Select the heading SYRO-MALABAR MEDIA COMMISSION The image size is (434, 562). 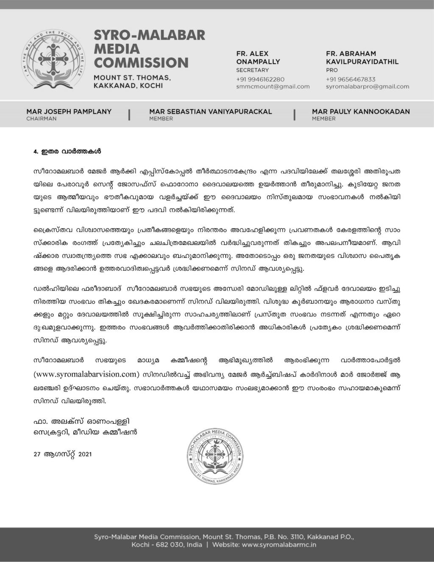pyautogui.click(x=149, y=49)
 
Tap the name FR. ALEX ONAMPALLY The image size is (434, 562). pyautogui.click(x=258, y=58)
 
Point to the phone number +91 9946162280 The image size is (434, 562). pyautogui.click(x=260, y=79)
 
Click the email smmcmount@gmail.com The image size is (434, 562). pyautogui.click(x=273, y=87)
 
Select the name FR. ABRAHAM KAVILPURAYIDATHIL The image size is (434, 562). pyautogui.click(x=362, y=58)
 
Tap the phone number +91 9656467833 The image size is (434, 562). pyautogui.click(x=351, y=79)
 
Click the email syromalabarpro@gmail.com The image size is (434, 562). pyautogui.click(x=367, y=87)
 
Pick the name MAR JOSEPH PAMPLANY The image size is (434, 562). pyautogui.click(x=69, y=112)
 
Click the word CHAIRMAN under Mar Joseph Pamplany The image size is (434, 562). pyautogui.click(x=41, y=119)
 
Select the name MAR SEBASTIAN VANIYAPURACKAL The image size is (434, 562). pyautogui.click(x=210, y=112)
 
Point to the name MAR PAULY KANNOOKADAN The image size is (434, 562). pyautogui.click(x=361, y=112)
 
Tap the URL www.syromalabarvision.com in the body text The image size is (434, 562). pyautogui.click(x=86, y=374)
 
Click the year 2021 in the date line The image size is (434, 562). pyautogui.click(x=85, y=454)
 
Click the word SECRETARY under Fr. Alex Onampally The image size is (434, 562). pyautogui.click(x=252, y=70)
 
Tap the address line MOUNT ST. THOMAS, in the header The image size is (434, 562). pyautogui.click(x=132, y=78)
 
